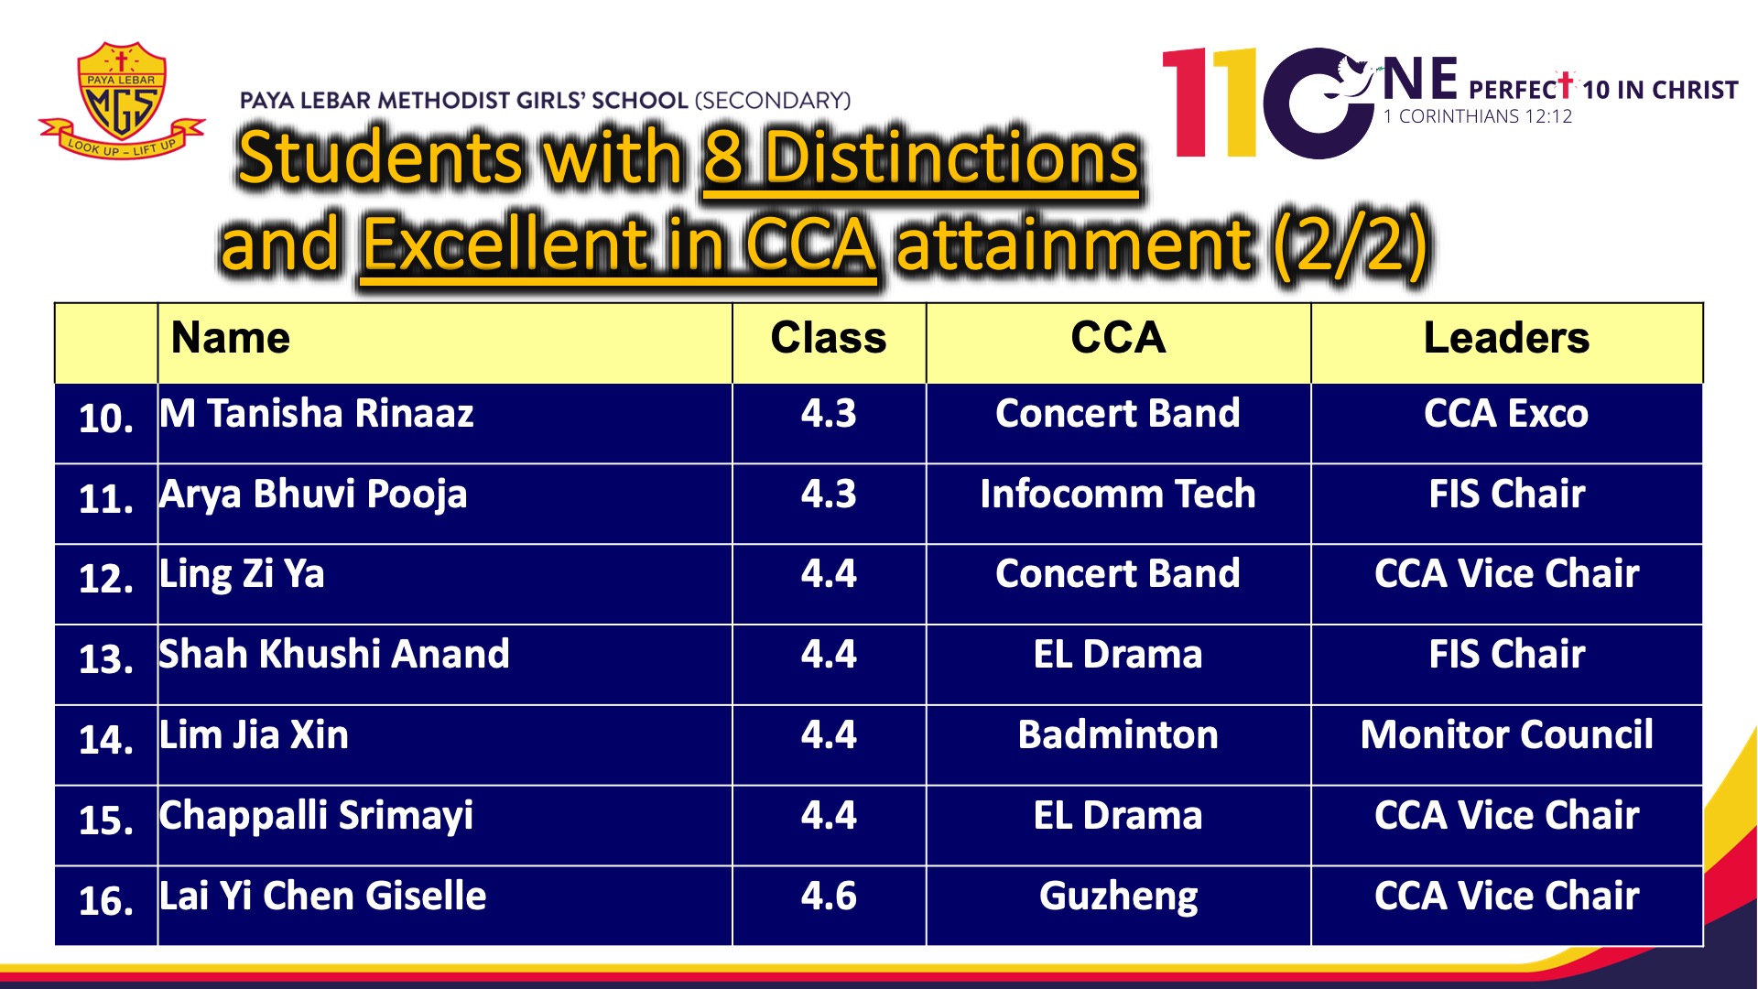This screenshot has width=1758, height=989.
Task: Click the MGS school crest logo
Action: click(x=122, y=99)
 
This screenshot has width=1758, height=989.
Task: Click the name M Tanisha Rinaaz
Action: click(x=317, y=414)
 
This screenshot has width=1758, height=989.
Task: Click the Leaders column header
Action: click(x=1507, y=338)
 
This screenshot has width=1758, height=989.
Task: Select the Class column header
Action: click(x=829, y=338)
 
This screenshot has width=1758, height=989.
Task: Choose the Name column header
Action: click(x=231, y=338)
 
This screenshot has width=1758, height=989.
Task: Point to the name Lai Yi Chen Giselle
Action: click(x=323, y=897)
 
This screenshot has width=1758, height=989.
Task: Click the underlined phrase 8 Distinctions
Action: click(x=921, y=158)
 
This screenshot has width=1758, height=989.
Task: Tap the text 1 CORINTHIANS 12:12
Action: click(x=1478, y=116)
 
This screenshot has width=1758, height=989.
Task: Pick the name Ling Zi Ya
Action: click(x=242, y=575)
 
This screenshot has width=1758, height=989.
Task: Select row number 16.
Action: click(x=106, y=901)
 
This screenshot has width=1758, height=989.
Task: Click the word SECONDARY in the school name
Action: click(x=773, y=100)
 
